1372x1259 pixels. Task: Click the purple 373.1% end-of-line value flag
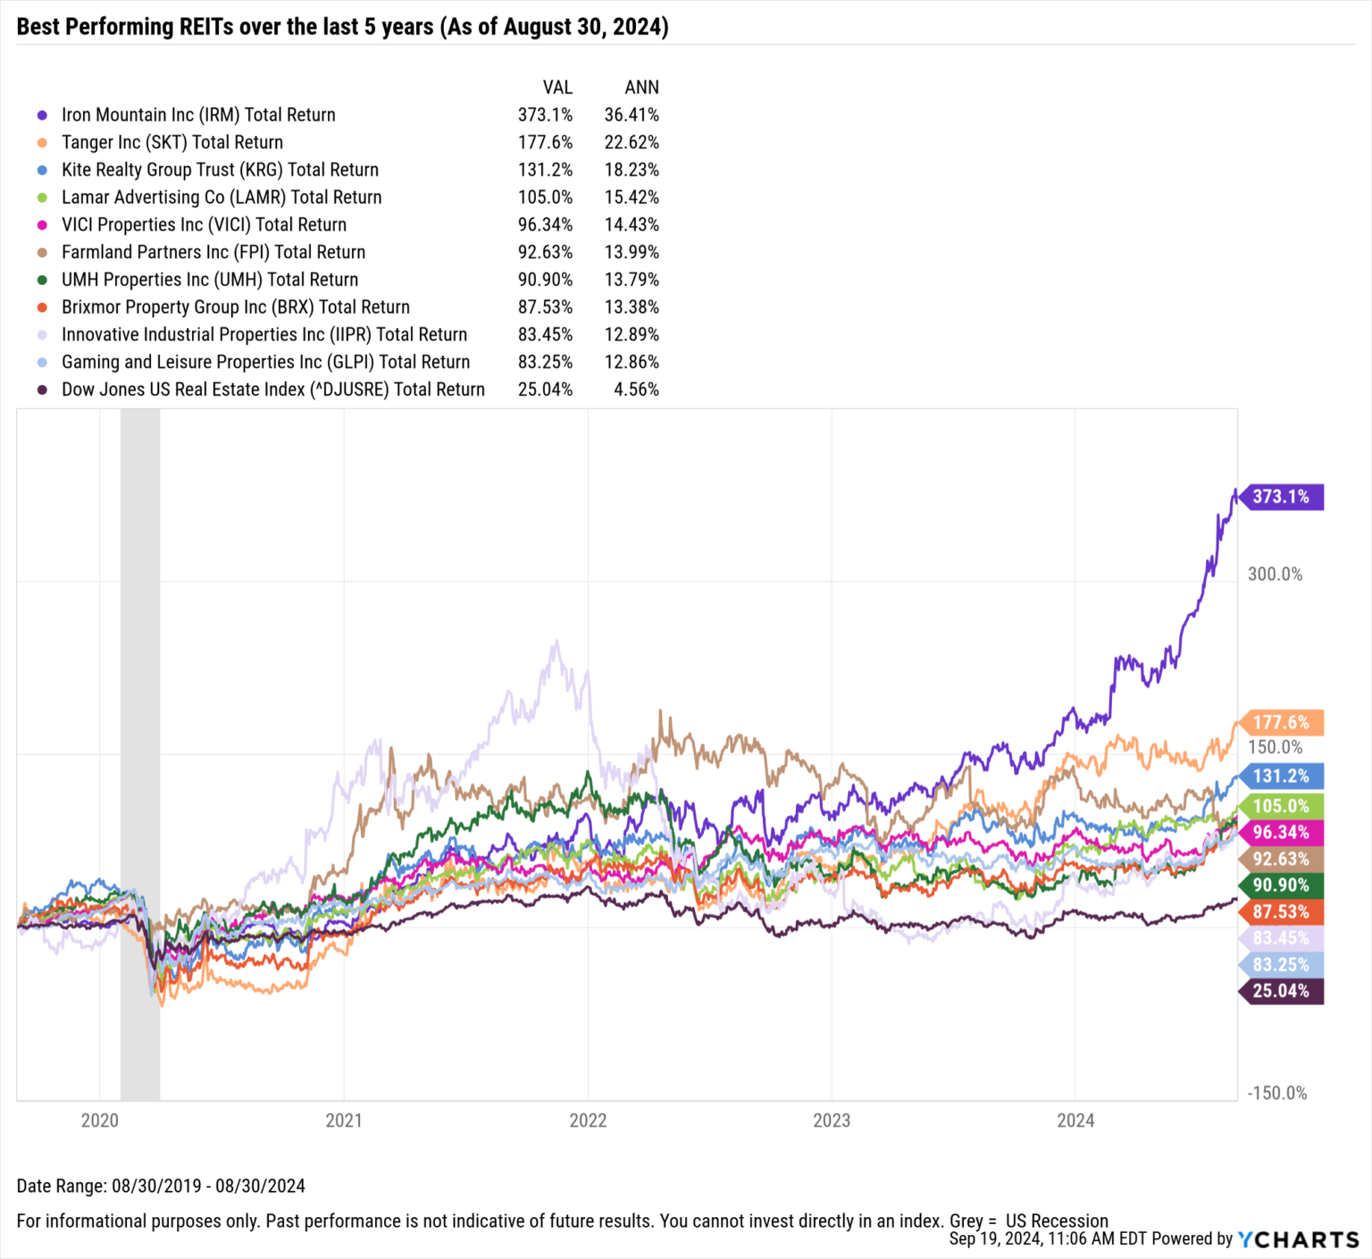pos(1281,497)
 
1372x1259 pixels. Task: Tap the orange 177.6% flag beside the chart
pos(1281,723)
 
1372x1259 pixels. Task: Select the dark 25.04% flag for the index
pos(1281,991)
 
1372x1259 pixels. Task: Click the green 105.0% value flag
pos(1281,807)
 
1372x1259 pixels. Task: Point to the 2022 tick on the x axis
pos(588,1121)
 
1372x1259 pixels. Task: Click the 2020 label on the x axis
pos(99,1121)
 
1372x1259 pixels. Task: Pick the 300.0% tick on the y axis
pos(1275,575)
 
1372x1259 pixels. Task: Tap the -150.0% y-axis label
pos(1276,1094)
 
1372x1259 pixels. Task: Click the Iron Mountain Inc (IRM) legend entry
pos(198,115)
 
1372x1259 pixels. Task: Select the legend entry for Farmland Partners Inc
pos(213,253)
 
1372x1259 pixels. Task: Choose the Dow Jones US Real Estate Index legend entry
pos(272,390)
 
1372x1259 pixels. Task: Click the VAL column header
pos(557,88)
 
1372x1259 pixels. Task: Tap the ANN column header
pos(641,88)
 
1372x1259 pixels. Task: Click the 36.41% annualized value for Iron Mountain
pos(632,115)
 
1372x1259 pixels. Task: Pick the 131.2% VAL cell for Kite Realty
pos(545,171)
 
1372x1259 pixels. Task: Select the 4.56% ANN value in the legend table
pos(636,390)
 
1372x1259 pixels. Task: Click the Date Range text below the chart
pos(161,1187)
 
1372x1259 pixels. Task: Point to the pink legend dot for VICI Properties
pos(42,225)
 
